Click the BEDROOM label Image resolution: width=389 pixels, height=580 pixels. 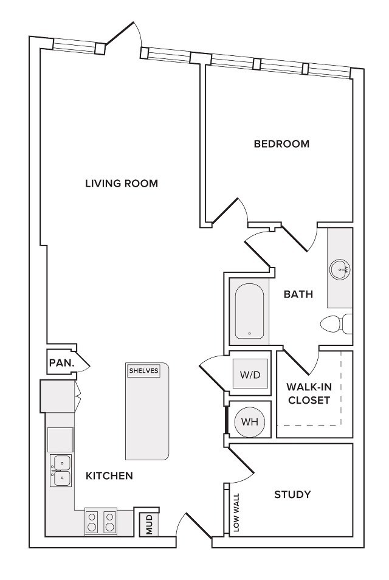click(281, 143)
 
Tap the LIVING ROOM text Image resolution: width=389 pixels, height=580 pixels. click(122, 183)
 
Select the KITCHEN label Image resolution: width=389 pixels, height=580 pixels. click(109, 475)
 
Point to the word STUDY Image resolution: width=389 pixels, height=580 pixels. click(292, 494)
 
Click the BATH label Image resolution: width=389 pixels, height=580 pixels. click(298, 294)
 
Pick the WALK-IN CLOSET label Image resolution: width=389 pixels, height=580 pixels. click(309, 393)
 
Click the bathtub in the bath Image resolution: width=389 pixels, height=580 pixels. click(250, 311)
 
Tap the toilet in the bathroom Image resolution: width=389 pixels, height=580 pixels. click(336, 324)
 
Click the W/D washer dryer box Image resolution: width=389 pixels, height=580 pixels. click(250, 374)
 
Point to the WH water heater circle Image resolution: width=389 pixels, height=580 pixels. click(250, 422)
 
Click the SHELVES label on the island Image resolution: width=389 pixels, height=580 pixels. click(144, 371)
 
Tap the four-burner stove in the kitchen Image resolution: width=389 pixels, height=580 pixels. click(101, 521)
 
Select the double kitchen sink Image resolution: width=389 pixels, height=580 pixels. click(61, 471)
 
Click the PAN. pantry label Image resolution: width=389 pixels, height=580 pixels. click(62, 362)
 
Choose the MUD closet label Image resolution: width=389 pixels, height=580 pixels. click(149, 525)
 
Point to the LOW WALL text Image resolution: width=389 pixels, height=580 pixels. click(236, 513)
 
